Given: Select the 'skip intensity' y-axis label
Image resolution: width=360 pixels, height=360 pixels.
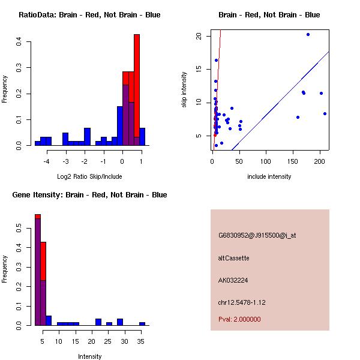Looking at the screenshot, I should (185, 90).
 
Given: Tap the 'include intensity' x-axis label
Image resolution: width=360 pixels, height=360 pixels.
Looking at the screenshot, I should (269, 176).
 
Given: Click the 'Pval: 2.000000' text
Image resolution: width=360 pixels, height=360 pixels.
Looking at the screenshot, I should (239, 319).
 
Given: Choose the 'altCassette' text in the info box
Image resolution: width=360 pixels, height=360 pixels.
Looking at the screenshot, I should (233, 258).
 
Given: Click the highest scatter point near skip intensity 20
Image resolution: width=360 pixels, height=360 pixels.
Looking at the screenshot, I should (308, 35).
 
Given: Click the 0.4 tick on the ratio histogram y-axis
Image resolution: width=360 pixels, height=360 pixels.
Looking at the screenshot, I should (19, 41).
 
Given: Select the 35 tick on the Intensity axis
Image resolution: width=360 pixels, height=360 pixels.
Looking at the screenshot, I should (141, 341).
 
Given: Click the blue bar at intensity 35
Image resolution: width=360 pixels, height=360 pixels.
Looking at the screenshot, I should (142, 323).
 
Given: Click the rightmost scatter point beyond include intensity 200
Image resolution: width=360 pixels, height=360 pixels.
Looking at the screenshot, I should (325, 113).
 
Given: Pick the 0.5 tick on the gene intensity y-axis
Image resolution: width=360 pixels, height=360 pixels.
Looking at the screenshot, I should (19, 229).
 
